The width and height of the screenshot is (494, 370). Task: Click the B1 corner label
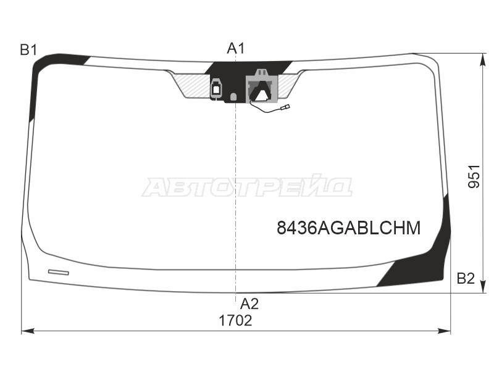coord(28,50)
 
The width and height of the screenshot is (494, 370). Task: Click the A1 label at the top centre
coord(236,49)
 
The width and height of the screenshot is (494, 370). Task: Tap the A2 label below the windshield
coord(249,304)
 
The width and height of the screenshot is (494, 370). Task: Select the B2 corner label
coord(466,279)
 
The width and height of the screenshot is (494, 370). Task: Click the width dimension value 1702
coord(235,321)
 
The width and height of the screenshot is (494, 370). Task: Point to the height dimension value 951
coord(474,176)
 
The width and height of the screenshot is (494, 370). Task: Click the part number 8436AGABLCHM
coord(348,228)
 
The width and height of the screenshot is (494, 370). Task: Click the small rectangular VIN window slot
coord(59,272)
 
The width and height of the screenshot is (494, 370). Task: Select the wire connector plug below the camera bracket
coord(285,107)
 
